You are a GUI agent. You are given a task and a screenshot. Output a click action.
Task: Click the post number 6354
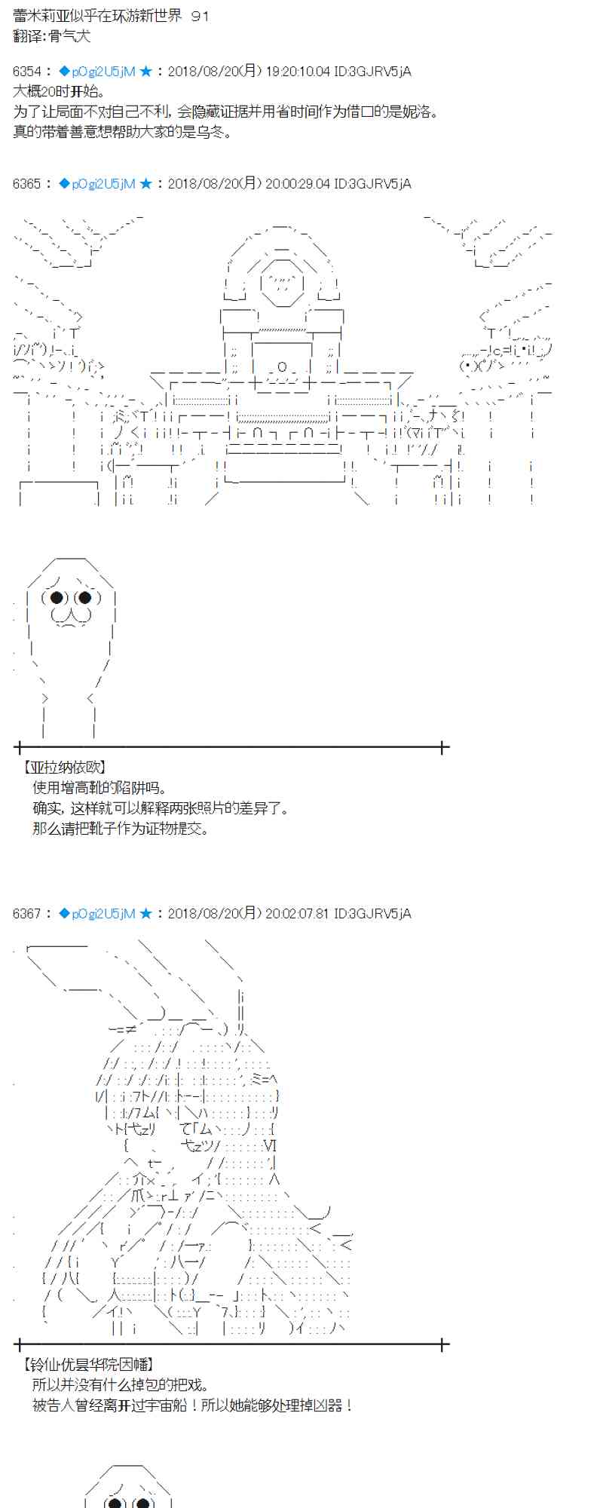point(27,72)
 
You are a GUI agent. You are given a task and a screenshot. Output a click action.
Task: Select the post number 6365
point(27,184)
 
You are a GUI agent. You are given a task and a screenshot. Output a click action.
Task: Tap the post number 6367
point(27,914)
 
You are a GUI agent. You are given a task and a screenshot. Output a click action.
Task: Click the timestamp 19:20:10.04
point(298,72)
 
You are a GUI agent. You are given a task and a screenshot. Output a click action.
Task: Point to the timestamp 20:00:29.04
point(298,184)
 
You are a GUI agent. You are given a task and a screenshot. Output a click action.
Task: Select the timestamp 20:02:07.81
point(298,914)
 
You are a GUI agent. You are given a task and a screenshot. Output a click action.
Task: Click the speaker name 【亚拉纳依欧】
point(64,768)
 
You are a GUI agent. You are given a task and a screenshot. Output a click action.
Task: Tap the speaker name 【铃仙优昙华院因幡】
point(88,1365)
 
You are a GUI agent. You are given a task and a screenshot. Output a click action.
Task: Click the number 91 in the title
point(200,16)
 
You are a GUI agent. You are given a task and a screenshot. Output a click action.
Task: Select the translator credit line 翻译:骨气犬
point(52,36)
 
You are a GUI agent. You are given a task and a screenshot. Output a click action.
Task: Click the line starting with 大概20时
point(57,91)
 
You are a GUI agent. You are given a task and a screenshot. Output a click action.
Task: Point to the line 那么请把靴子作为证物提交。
point(121,829)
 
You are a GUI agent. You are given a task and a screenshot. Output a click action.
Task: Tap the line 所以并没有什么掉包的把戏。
point(121,1385)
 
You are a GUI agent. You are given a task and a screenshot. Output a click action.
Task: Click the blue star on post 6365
point(146,184)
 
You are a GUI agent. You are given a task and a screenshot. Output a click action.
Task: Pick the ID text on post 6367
point(372,914)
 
